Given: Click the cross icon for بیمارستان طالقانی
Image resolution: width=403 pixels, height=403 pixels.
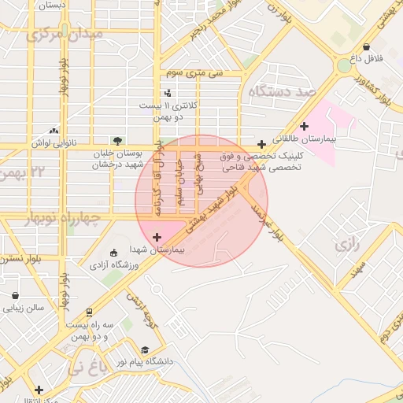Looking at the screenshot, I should [x=304, y=126].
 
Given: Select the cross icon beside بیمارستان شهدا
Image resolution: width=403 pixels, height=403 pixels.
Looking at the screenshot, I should [x=157, y=237].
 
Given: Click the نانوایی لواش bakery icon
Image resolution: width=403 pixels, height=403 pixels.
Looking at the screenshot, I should [x=54, y=131].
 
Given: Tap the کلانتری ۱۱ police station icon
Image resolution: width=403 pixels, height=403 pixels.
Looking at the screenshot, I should [x=167, y=94].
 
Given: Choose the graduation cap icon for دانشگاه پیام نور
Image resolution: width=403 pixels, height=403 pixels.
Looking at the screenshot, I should [x=145, y=350].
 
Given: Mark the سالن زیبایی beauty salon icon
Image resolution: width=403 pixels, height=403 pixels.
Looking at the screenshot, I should [x=15, y=296].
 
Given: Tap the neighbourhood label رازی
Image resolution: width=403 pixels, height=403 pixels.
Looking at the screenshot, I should [x=346, y=245].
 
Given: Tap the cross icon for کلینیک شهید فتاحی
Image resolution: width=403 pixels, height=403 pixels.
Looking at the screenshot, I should [x=261, y=144].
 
